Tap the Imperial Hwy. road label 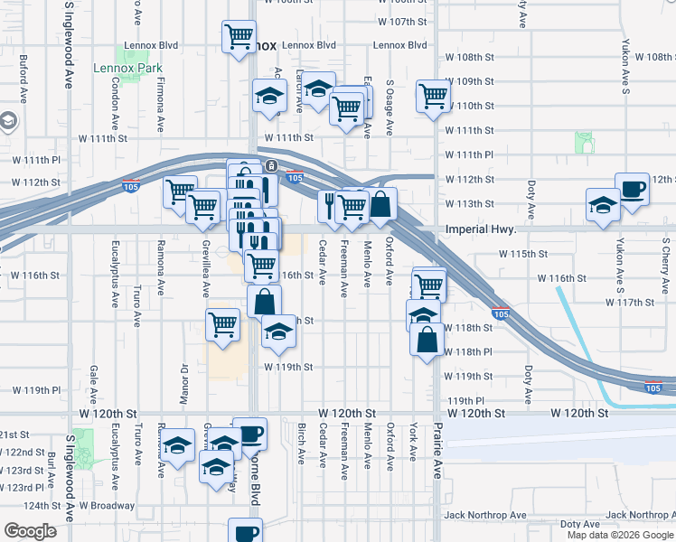click(480, 229)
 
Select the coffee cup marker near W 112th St click(632, 190)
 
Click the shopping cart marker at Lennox click(239, 38)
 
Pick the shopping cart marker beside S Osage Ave click(433, 95)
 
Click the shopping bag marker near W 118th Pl click(427, 340)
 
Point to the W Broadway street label click(108, 506)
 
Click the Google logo click(30, 532)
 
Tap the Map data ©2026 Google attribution click(619, 535)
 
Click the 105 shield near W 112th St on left click(130, 186)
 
